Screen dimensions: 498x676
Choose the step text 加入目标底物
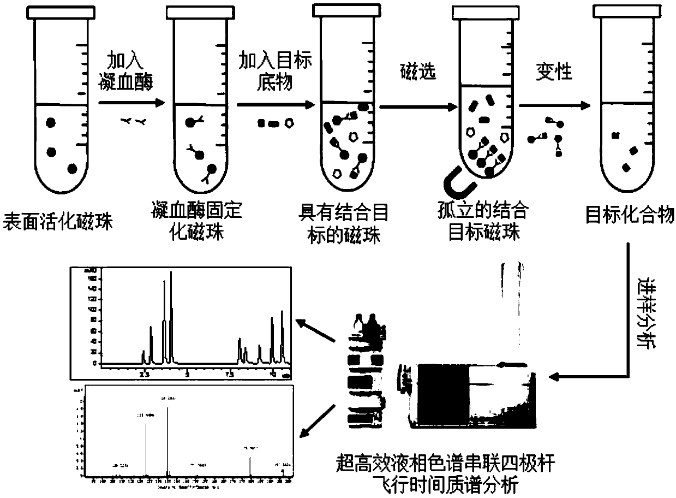[x=276, y=70]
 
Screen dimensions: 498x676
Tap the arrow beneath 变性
[x=554, y=106]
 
